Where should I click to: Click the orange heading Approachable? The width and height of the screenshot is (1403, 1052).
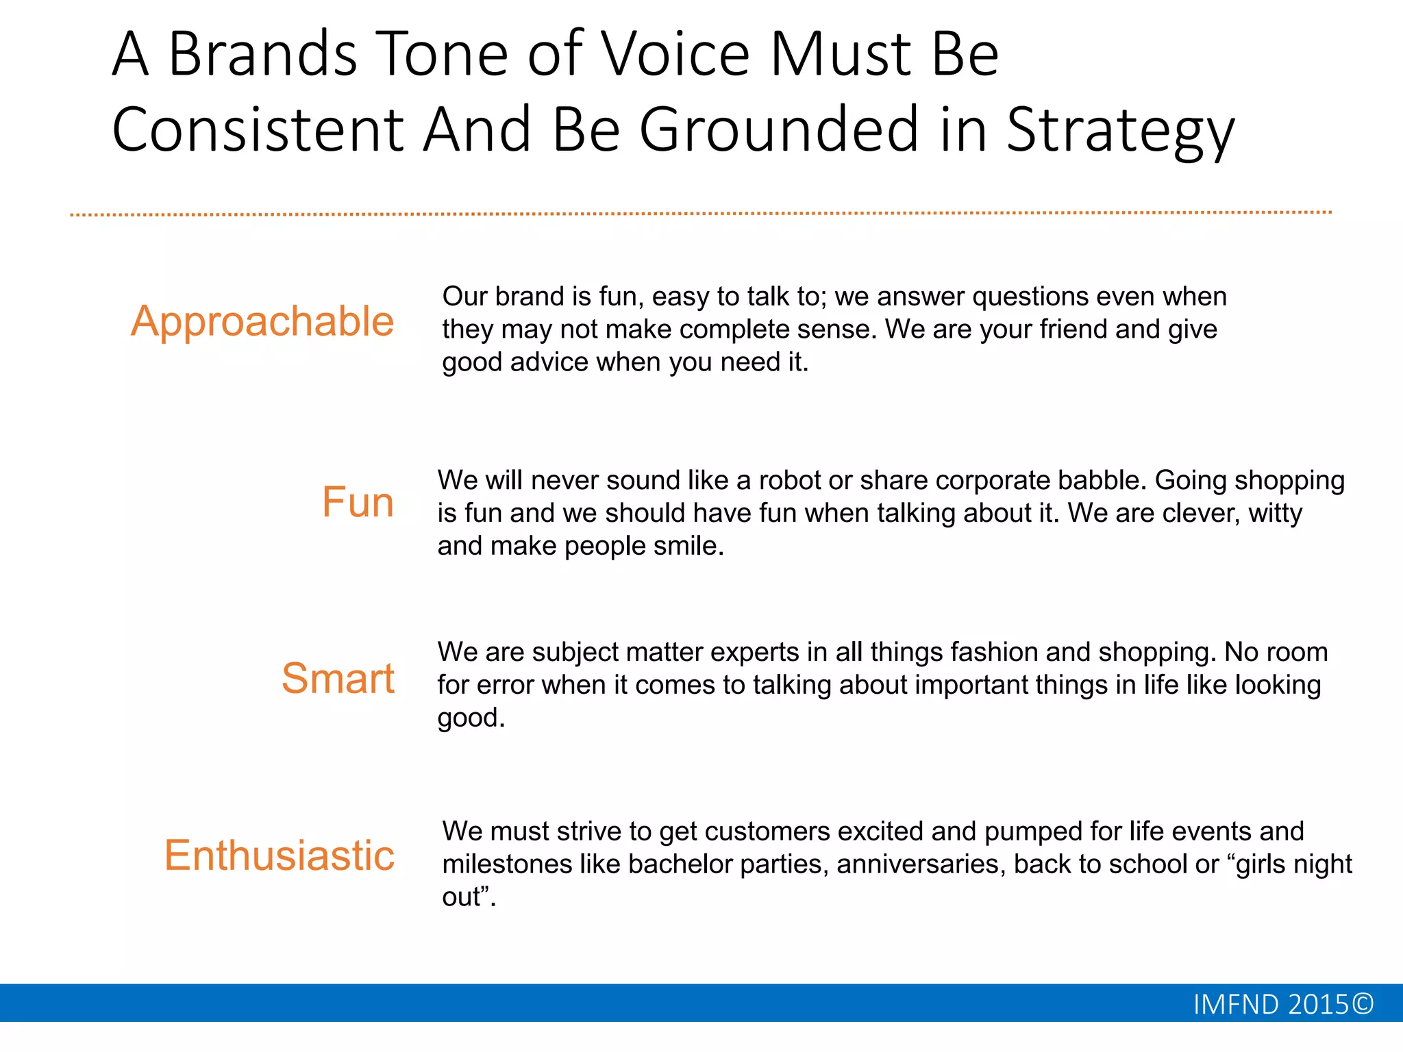tap(262, 321)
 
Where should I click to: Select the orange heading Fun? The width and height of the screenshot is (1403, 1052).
tap(358, 502)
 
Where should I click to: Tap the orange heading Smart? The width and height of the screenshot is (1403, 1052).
tap(338, 679)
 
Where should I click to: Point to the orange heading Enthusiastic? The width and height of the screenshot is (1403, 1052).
tap(280, 855)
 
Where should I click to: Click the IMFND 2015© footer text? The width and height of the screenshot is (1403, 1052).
tap(1283, 1004)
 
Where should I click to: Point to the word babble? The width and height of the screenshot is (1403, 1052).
tap(1102, 480)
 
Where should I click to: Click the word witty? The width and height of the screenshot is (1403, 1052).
tap(1275, 513)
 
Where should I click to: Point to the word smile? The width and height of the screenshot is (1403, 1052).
tap(688, 546)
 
